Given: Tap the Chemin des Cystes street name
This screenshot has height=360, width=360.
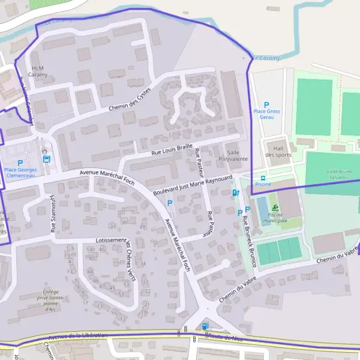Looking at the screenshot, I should click(129, 99).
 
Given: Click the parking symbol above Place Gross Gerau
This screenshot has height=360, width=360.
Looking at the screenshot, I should click(267, 104).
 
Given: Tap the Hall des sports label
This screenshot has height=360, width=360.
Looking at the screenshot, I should click(278, 151).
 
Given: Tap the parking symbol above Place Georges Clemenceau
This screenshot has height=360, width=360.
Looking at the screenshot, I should click(20, 163).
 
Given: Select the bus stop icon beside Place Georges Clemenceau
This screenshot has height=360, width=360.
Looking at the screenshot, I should click(47, 159).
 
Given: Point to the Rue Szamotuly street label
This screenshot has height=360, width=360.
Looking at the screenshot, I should click(52, 212).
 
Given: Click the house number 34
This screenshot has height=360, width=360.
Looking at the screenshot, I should click(143, 263).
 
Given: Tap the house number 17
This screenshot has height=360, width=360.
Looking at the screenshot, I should click(122, 319).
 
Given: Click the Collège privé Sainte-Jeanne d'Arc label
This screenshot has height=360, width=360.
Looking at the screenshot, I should click(50, 299).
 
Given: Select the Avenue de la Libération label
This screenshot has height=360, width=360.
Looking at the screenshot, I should click(78, 336).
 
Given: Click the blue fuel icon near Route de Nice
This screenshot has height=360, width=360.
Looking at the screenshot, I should click(206, 326).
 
